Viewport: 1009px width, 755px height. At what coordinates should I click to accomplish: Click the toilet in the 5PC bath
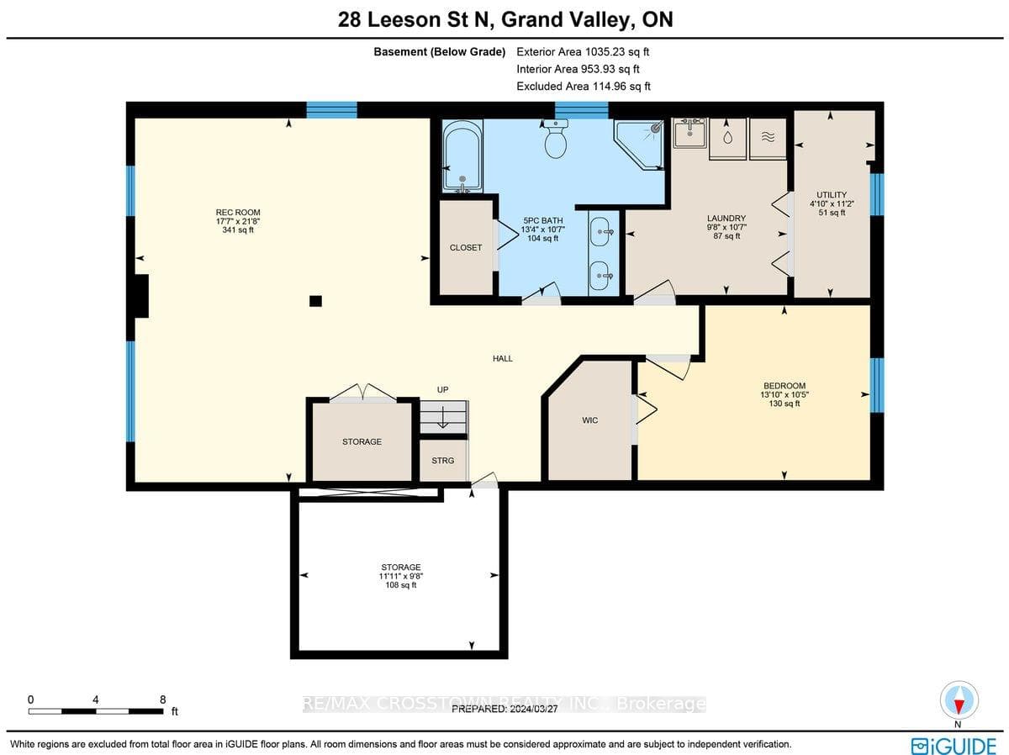(x=555, y=139)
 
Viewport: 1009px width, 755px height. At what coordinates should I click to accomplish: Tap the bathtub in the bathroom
(x=462, y=156)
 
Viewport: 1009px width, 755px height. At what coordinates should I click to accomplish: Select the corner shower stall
(x=639, y=145)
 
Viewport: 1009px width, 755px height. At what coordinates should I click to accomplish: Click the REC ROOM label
(x=238, y=213)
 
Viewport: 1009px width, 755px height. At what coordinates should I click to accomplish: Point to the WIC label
(x=589, y=420)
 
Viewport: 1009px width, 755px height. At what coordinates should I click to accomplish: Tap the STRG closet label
(x=442, y=461)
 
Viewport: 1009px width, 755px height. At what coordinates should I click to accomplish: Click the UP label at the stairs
(x=442, y=389)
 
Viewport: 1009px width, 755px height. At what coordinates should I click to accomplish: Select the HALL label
(x=503, y=358)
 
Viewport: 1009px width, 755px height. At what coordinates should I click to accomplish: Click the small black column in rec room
(x=315, y=301)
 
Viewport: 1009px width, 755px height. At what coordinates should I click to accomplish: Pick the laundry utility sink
(x=689, y=132)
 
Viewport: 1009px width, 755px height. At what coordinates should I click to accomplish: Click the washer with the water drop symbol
(x=727, y=139)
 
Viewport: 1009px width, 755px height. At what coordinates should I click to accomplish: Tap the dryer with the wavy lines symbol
(x=768, y=139)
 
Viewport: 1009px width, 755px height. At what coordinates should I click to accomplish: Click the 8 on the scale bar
(x=163, y=700)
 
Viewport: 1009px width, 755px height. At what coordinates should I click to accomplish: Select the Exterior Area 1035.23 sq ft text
(x=583, y=52)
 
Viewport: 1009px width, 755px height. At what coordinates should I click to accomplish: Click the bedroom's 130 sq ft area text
(x=784, y=404)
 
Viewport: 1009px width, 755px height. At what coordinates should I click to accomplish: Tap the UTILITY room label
(x=832, y=195)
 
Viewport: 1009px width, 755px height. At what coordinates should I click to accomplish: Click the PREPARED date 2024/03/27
(x=504, y=709)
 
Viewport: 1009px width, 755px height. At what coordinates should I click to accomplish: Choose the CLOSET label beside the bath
(x=466, y=248)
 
